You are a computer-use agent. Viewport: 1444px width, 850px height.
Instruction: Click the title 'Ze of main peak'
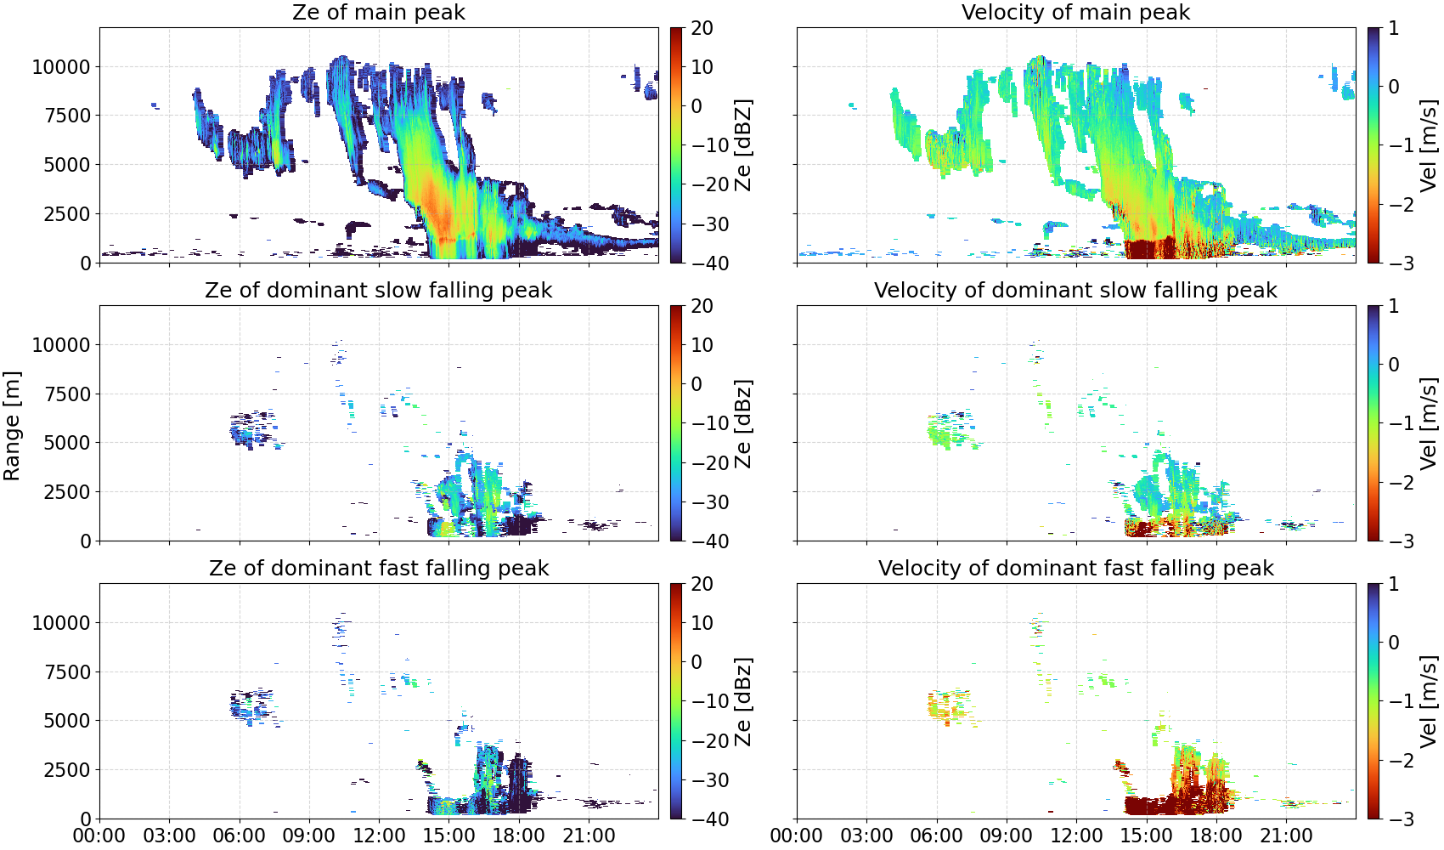coord(378,12)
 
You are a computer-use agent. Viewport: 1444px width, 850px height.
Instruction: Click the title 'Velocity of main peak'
coord(1076,12)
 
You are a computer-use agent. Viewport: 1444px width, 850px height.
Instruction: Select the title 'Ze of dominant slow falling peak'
coord(378,290)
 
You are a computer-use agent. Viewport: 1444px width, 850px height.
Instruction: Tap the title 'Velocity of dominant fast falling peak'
coord(1076,568)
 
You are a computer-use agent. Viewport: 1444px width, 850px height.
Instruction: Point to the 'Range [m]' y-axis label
coord(12,426)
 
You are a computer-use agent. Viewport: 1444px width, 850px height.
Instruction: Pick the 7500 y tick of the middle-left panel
coord(67,394)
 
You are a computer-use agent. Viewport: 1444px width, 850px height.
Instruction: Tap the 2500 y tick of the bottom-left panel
coord(67,770)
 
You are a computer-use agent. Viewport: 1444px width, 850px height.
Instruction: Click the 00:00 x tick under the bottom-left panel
coord(99,836)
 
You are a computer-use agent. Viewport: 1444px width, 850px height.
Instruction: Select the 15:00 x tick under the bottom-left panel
coord(448,836)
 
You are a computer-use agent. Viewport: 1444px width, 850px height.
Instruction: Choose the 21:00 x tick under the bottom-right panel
coord(1286,836)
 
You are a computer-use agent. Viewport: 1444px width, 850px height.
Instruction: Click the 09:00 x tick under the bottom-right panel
coord(1007,836)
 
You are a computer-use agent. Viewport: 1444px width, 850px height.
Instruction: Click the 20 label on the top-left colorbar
coord(702,28)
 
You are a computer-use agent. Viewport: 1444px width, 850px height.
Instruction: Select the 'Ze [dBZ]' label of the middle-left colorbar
coord(743,423)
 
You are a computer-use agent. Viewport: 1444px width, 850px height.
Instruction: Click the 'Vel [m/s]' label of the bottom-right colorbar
coord(1429,701)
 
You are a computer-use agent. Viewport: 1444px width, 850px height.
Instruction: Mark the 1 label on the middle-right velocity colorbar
coord(1393,306)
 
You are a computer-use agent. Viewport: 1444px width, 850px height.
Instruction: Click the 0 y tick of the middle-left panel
coord(85,541)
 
